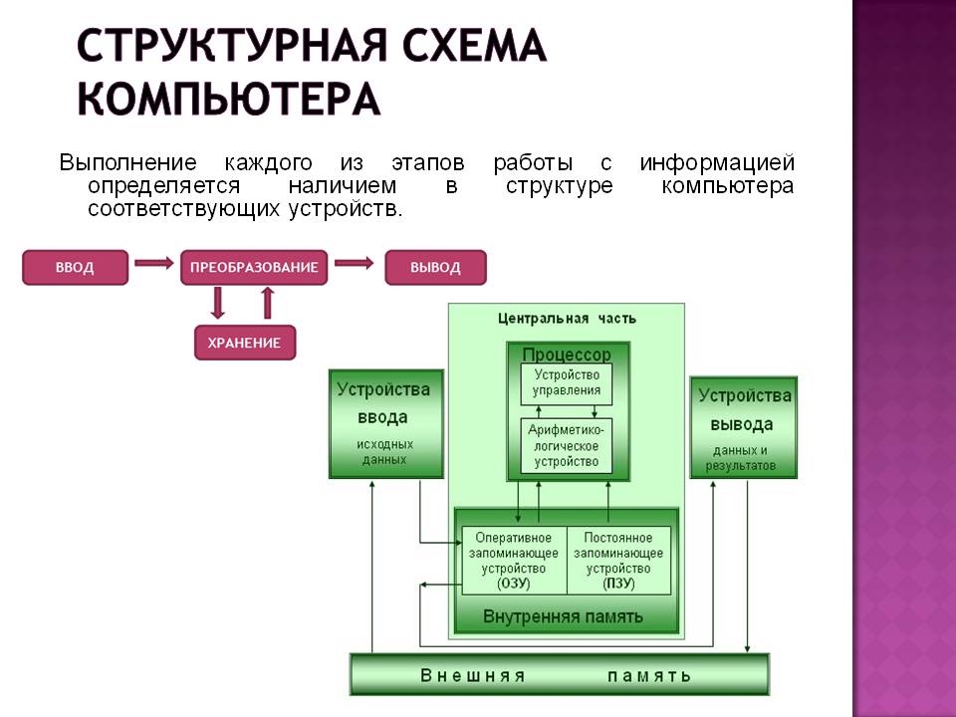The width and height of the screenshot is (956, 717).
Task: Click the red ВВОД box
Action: pyautogui.click(x=75, y=268)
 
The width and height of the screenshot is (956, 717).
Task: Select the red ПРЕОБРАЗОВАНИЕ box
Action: pyautogui.click(x=254, y=268)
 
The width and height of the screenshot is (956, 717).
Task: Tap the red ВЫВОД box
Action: pyautogui.click(x=435, y=268)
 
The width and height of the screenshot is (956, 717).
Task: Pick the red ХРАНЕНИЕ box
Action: pyautogui.click(x=244, y=343)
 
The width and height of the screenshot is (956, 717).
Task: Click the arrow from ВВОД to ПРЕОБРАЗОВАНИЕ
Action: pyautogui.click(x=153, y=264)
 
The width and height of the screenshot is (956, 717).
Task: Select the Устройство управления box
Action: pyautogui.click(x=567, y=383)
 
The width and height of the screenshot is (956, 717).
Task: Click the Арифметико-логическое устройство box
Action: pyautogui.click(x=567, y=445)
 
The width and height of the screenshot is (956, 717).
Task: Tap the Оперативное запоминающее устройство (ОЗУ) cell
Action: pyautogui.click(x=513, y=561)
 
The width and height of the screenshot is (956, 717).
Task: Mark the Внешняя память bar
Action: pyautogui.click(x=559, y=675)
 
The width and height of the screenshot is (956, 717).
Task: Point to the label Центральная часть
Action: pyautogui.click(x=567, y=319)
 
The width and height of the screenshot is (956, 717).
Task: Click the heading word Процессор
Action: pyautogui.click(x=567, y=355)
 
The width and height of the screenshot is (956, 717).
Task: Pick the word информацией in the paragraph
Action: pyautogui.click(x=716, y=163)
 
